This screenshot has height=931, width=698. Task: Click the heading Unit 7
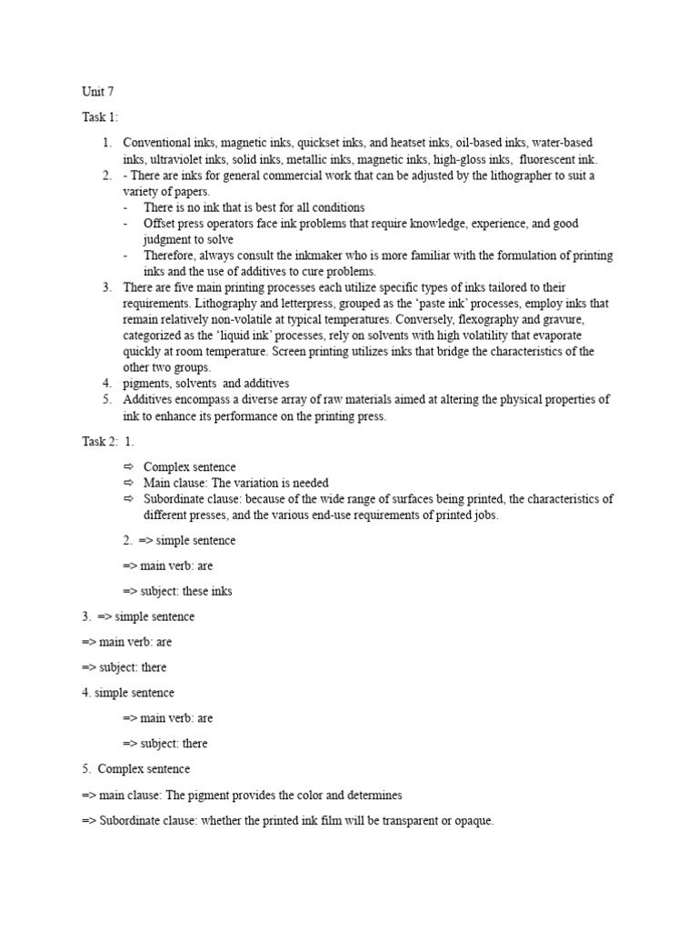[x=97, y=92]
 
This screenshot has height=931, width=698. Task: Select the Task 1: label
[x=100, y=117]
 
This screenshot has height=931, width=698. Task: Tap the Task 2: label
[x=101, y=441]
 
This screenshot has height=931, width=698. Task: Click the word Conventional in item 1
[x=157, y=143]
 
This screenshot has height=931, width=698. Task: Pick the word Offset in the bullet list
[x=160, y=224]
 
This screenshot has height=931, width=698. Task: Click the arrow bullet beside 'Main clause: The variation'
[x=128, y=483]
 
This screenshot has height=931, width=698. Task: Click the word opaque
[x=471, y=820]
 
